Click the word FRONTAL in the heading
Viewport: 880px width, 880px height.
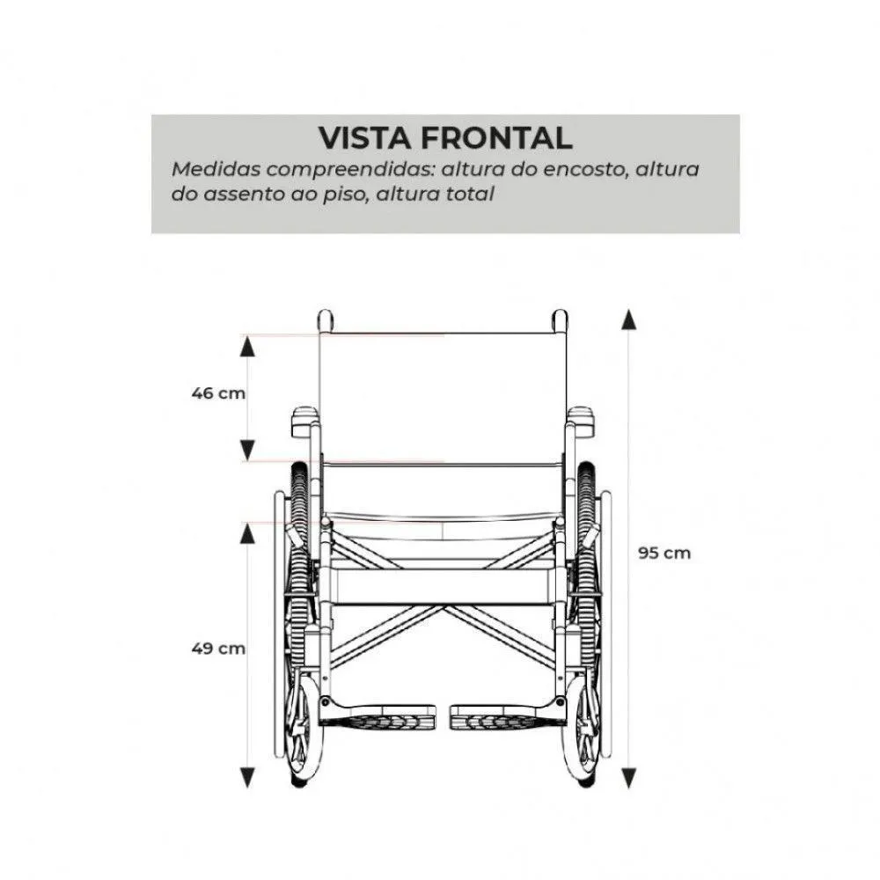(496, 138)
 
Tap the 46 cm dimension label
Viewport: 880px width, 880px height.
(218, 393)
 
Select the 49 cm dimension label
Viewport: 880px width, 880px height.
(218, 649)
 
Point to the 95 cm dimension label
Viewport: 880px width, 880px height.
(664, 553)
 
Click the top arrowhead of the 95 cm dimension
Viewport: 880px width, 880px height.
(629, 319)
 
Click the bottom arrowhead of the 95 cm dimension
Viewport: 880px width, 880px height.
(629, 779)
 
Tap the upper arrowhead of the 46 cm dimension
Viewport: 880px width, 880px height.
(247, 348)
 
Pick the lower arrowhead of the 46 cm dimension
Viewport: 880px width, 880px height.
(247, 451)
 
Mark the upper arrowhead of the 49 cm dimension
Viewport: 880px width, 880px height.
(247, 534)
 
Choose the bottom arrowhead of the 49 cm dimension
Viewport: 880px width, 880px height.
(247, 777)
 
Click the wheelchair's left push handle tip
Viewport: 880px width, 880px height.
(326, 320)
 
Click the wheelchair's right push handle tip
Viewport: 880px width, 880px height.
(560, 320)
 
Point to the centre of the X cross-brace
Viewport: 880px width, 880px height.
(443, 608)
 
